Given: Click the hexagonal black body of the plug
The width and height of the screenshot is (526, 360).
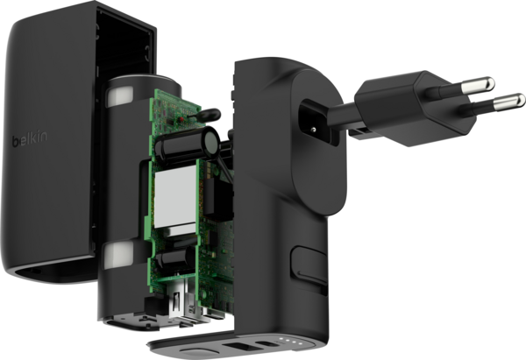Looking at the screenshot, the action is coord(416,108).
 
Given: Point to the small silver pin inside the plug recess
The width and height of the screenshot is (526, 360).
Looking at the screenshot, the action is coord(313,130).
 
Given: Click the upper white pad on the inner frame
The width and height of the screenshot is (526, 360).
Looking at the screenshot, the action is coord(119,95).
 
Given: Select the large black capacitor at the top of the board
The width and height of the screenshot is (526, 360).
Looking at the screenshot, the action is coord(187,146).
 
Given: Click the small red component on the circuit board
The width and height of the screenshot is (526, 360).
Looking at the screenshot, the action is coord(181,119).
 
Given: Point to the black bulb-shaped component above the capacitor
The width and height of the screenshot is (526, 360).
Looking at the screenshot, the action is coord(208,115).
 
